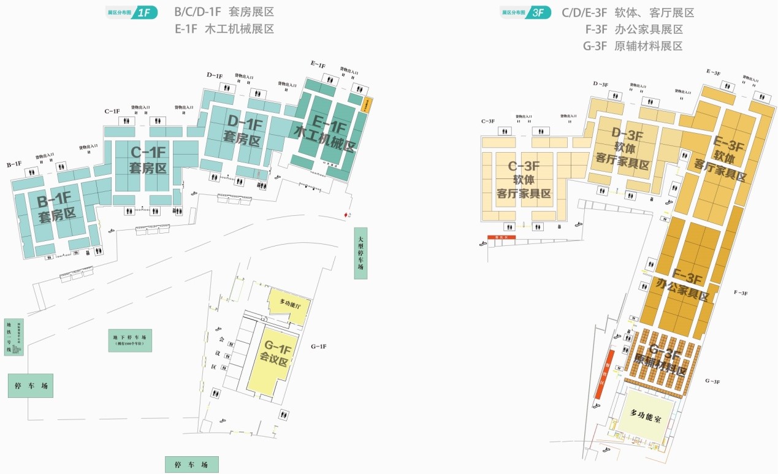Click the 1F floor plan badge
click(132, 12)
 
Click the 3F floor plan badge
click(525, 12)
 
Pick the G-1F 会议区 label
click(274, 354)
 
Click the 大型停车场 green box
click(360, 253)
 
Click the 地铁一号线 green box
click(13, 337)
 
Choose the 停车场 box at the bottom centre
click(191, 465)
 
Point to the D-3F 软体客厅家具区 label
click(622, 150)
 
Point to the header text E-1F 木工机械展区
click(224, 29)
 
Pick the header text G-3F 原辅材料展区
click(633, 46)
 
